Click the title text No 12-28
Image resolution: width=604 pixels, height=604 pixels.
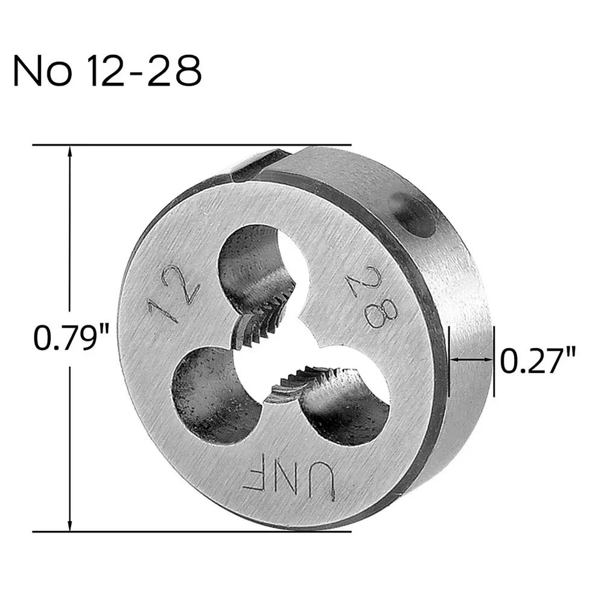tap(107, 72)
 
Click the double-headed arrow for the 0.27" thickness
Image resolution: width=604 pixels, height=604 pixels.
tap(471, 360)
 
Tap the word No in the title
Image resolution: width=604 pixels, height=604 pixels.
tap(38, 72)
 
